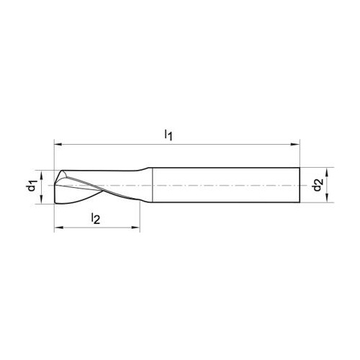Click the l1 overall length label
pos(168,135)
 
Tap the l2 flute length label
pos(96,218)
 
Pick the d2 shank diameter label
pos(318,184)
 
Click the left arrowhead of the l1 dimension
pos(59,145)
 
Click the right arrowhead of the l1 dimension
pos(295,145)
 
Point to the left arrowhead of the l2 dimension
pos(59,228)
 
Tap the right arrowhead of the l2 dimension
pos(135,228)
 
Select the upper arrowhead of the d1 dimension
pos(41,175)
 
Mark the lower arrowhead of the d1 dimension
pos(41,199)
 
